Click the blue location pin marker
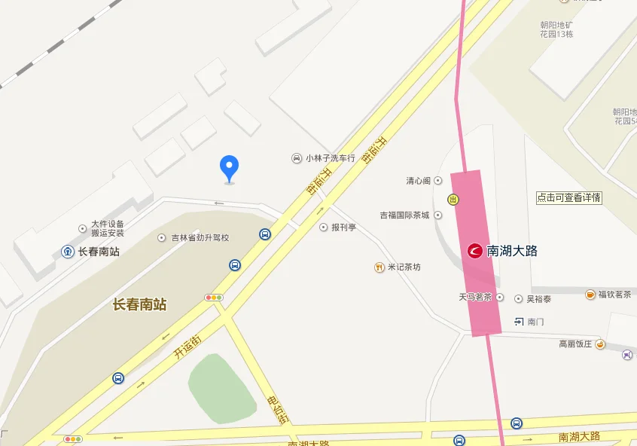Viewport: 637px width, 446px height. [229, 167]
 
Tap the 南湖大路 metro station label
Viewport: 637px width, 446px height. [512, 251]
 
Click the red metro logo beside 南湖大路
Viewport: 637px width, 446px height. [475, 251]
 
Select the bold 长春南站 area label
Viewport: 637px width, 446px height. [139, 305]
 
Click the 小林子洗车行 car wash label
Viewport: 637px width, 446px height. [330, 158]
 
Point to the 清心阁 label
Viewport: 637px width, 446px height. [418, 181]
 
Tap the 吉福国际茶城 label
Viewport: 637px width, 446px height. [404, 215]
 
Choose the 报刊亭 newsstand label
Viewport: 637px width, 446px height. [343, 227]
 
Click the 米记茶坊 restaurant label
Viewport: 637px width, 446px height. [404, 267]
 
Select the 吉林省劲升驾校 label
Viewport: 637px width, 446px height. [200, 237]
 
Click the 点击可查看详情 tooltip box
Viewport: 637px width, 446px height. [568, 198]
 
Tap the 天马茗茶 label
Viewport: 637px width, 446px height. [475, 298]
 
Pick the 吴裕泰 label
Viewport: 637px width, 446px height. [538, 299]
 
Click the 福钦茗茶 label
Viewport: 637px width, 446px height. [614, 295]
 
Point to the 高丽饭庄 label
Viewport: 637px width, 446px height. [576, 344]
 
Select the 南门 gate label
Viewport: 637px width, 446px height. [535, 322]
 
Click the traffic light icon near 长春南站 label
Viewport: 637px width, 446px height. [214, 298]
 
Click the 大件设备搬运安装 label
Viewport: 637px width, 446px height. [108, 228]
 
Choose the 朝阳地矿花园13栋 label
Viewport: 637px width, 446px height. [556, 29]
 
